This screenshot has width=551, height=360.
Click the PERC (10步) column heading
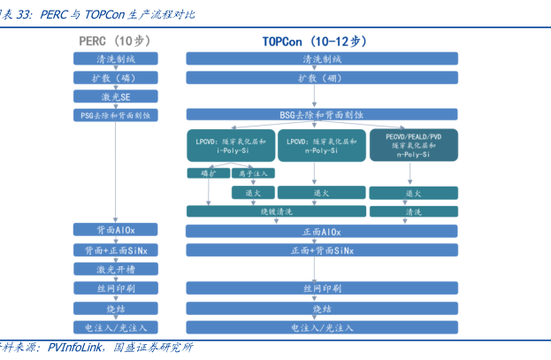(x=116, y=42)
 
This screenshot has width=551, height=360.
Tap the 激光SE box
(x=116, y=96)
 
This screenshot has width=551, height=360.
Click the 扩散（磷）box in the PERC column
(x=116, y=78)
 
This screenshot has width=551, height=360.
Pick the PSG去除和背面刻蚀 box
(x=116, y=115)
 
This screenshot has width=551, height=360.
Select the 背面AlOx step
(x=116, y=231)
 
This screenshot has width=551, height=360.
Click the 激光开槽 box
(x=116, y=270)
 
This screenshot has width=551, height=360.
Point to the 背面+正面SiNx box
(x=116, y=250)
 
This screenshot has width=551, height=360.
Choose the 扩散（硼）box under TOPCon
(x=322, y=78)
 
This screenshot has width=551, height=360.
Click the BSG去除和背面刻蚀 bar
(x=322, y=115)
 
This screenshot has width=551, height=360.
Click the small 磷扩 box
(x=208, y=173)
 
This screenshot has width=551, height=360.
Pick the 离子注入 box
(x=254, y=173)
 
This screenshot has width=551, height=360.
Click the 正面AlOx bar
(x=322, y=231)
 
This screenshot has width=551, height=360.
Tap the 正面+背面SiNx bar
(x=322, y=250)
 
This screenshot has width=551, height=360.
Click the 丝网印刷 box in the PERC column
(x=116, y=289)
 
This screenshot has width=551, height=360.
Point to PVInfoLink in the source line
(x=78, y=348)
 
